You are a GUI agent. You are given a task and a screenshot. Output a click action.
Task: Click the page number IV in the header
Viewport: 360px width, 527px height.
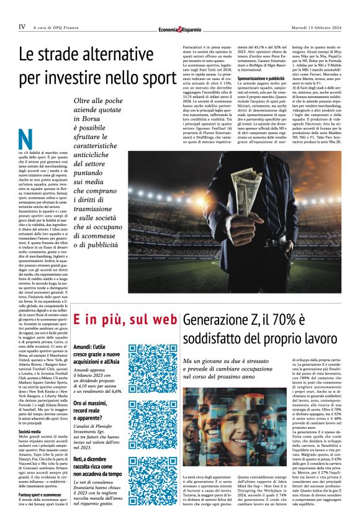(22, 27)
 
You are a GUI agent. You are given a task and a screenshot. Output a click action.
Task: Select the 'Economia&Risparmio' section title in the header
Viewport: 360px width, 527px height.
(179, 28)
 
